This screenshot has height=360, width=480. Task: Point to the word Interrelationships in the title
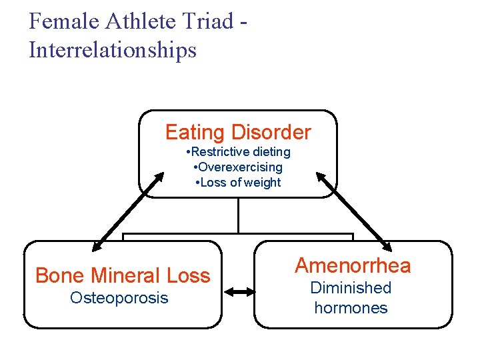click(x=113, y=50)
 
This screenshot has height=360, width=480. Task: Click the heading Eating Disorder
click(x=238, y=132)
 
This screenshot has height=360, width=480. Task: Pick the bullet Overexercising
click(x=238, y=167)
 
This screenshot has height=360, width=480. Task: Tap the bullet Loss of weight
click(x=238, y=183)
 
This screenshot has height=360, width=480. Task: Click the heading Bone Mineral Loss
click(x=123, y=275)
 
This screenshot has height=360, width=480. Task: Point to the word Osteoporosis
click(x=119, y=298)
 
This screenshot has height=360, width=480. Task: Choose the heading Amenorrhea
click(x=353, y=266)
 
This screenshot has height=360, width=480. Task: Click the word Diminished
click(x=351, y=288)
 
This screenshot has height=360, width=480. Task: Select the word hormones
click(x=351, y=308)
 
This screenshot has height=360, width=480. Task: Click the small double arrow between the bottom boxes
click(x=239, y=291)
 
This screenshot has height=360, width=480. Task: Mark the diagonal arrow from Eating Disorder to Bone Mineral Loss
click(x=129, y=209)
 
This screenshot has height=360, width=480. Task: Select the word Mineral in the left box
click(x=126, y=275)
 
